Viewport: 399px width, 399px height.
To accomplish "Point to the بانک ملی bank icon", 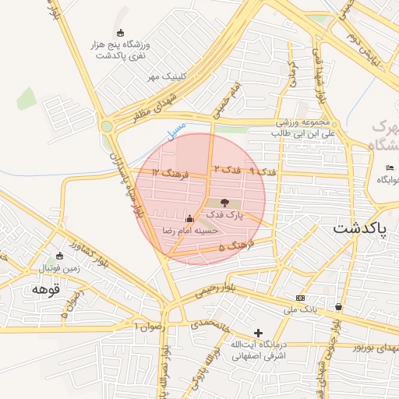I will click(300, 298).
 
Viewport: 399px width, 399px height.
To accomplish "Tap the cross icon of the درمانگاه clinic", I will click(259, 333).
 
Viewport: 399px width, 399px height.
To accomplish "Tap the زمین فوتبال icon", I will click(60, 256).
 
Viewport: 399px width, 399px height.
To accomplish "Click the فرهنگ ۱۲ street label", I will click(171, 175).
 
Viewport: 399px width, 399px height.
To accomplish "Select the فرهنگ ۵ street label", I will click(232, 247).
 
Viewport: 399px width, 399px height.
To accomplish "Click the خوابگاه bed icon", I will click(390, 168).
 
